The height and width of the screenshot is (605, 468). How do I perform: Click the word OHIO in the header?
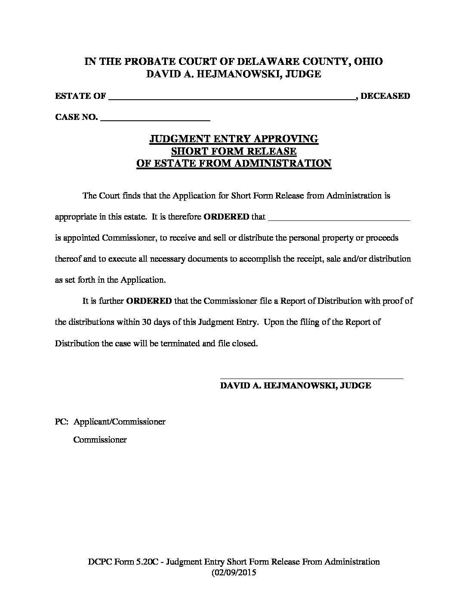tap(369, 61)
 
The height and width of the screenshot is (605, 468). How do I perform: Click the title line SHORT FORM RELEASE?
tap(234, 151)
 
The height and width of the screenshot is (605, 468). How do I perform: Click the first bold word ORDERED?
tap(226, 217)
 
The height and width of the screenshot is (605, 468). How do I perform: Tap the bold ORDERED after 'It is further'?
tap(149, 301)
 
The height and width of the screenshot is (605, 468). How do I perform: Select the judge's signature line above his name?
tap(311, 378)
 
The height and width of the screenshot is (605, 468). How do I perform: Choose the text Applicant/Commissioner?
tap(120, 422)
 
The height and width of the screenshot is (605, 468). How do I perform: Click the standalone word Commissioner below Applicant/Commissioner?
tap(100, 440)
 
